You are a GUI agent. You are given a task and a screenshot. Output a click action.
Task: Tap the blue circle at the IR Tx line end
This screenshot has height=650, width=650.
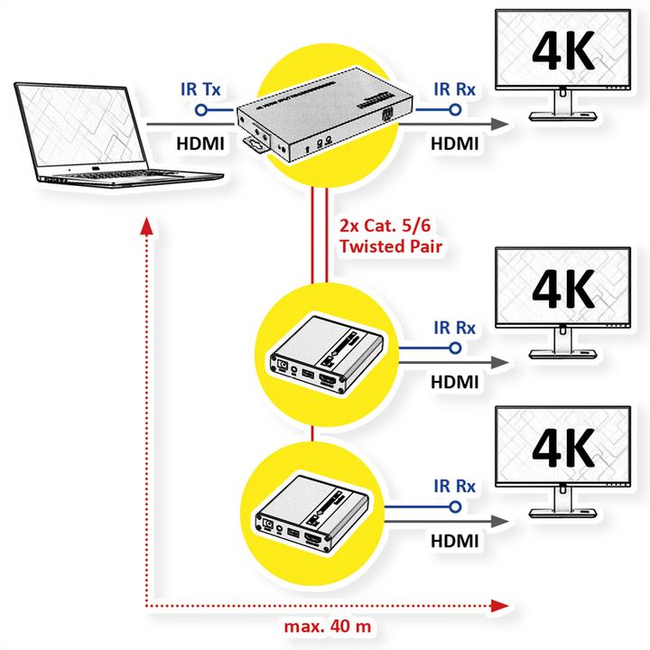click(200, 110)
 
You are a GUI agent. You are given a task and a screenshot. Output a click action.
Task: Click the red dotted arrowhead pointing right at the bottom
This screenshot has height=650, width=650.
click(501, 605)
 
